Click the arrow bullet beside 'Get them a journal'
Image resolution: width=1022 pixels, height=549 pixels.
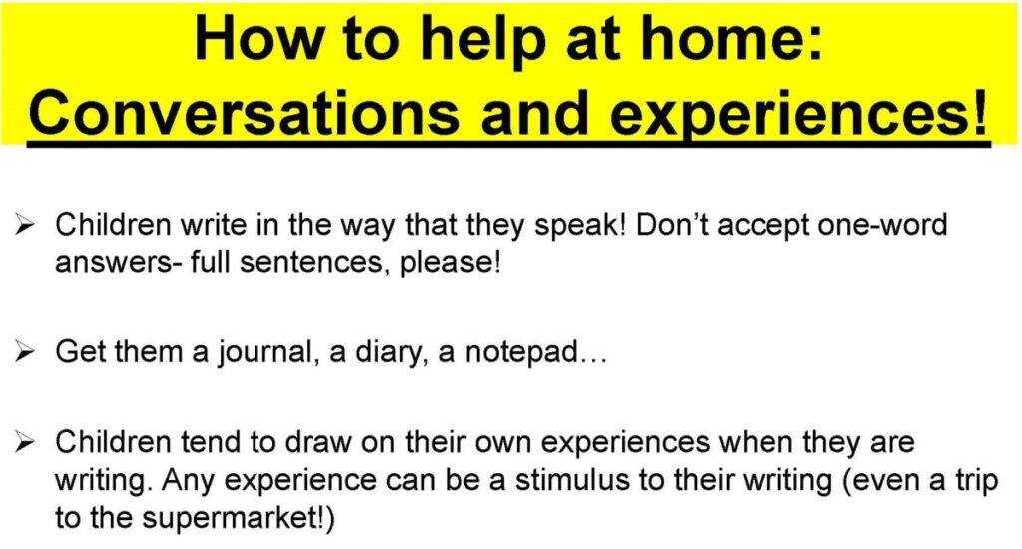pyautogui.click(x=25, y=352)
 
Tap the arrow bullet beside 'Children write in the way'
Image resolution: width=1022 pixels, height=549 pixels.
pyautogui.click(x=25, y=226)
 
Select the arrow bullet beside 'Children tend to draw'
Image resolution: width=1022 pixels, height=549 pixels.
pyautogui.click(x=25, y=443)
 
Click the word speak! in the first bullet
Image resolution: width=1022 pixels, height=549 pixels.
pyautogui.click(x=580, y=227)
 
